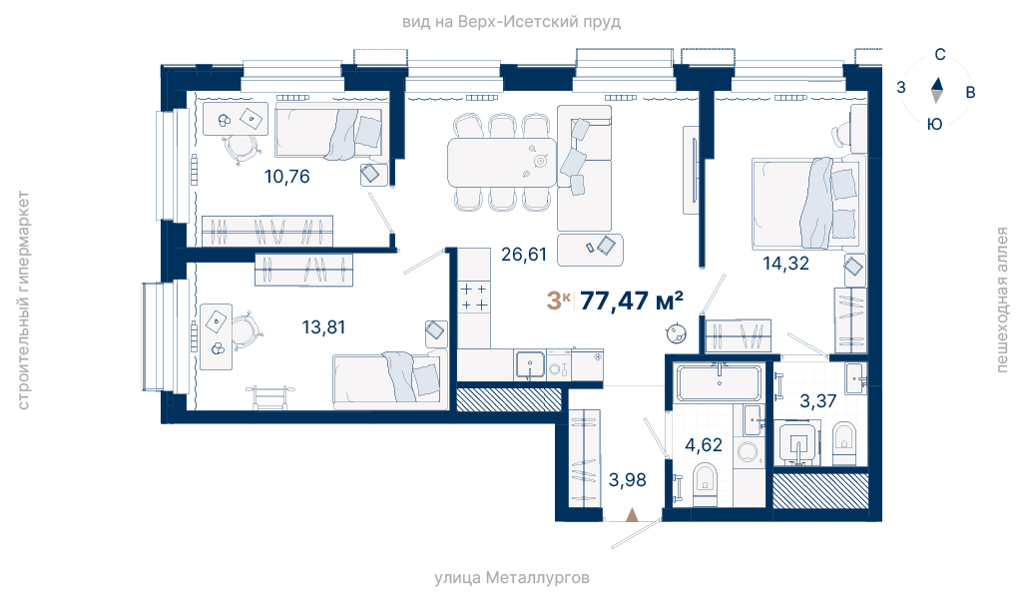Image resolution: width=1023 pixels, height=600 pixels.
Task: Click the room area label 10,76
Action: click(287, 177)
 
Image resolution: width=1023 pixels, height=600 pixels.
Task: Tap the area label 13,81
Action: click(323, 327)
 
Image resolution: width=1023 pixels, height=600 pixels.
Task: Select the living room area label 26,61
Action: click(524, 255)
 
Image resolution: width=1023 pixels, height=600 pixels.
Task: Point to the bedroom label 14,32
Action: click(786, 264)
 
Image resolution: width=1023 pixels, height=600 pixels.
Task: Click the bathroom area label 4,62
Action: click(704, 446)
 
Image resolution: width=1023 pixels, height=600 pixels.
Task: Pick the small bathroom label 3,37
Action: click(818, 401)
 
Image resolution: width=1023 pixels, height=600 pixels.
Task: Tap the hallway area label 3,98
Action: click(627, 480)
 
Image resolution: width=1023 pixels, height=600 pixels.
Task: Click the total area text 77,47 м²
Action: click(632, 300)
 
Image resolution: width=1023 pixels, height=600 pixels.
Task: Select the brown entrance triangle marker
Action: click(632, 515)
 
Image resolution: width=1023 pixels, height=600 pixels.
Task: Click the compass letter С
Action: click(940, 55)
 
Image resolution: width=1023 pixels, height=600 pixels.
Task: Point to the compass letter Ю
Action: click(935, 124)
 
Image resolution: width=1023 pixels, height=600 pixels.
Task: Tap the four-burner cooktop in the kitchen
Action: click(474, 298)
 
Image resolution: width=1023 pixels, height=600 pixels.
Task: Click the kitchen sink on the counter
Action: click(530, 365)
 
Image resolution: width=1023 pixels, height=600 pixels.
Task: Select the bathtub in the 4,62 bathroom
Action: click(719, 382)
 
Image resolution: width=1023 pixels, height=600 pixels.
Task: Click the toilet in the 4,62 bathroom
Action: click(705, 484)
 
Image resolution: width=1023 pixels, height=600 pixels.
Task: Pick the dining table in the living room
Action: click(502, 163)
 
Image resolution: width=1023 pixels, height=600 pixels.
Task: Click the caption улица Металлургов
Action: click(511, 578)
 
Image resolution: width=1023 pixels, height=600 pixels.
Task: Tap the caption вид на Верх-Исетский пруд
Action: click(511, 22)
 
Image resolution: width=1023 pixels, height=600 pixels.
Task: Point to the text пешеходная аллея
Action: click(1001, 300)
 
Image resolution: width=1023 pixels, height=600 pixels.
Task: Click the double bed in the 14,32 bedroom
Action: click(809, 203)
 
